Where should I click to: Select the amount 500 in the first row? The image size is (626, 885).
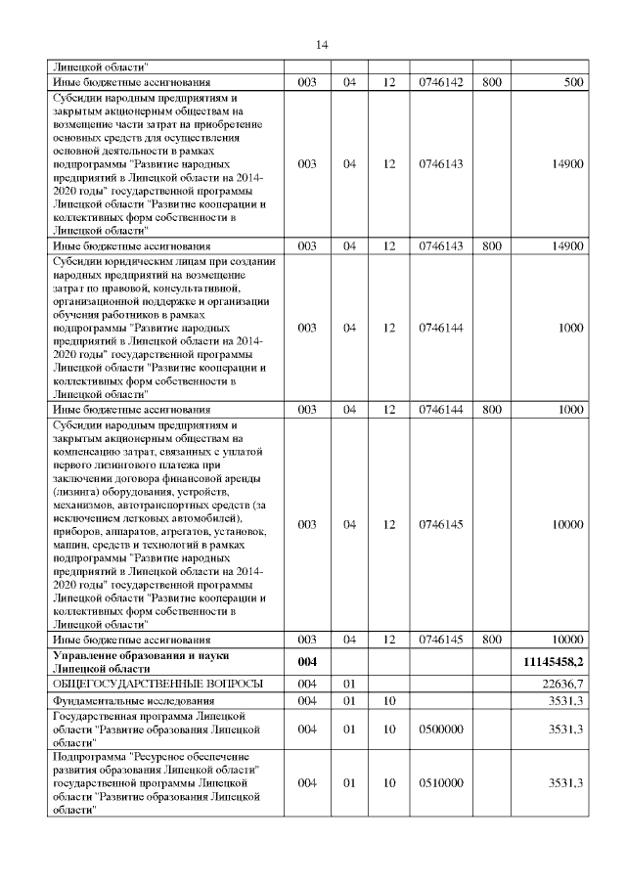tap(573, 82)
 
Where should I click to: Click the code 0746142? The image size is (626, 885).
tap(435, 82)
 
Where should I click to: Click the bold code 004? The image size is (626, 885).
tap(307, 662)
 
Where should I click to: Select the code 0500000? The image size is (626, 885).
tap(435, 729)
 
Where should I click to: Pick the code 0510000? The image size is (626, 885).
tap(435, 783)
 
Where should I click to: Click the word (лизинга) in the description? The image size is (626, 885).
tap(76, 492)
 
